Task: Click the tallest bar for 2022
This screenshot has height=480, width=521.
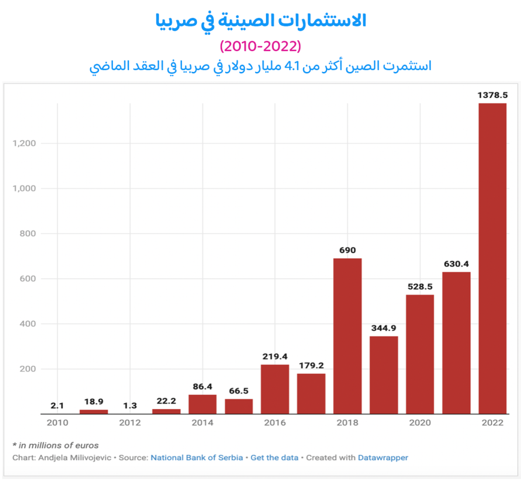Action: point(492,258)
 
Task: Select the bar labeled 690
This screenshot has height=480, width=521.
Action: point(348,336)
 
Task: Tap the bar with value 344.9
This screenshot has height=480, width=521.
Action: point(384,375)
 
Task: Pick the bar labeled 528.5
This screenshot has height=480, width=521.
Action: point(420,354)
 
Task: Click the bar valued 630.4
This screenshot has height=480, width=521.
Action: point(456,343)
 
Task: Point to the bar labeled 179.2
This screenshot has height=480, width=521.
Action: point(311,394)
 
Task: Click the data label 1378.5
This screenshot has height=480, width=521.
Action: point(492,95)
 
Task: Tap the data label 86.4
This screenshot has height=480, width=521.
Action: point(202,386)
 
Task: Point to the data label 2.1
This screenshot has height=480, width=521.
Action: point(57,406)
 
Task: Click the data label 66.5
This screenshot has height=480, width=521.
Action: point(238,391)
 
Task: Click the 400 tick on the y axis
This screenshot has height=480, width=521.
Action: point(28,324)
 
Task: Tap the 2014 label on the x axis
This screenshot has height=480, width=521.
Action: point(202,423)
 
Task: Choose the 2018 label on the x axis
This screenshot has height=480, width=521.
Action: point(348,423)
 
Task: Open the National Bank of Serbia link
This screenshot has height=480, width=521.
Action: point(197,457)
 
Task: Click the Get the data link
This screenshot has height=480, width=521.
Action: point(274,457)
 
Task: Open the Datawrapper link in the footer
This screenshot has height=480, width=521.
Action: point(383,457)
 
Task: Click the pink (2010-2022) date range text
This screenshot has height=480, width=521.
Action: point(260,46)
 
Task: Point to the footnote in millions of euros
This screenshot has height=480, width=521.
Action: point(55,445)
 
